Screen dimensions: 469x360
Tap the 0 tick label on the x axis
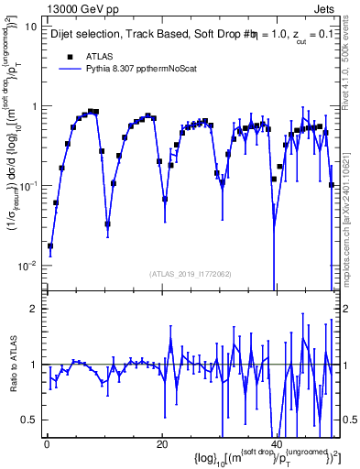click(x=46, y=443)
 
